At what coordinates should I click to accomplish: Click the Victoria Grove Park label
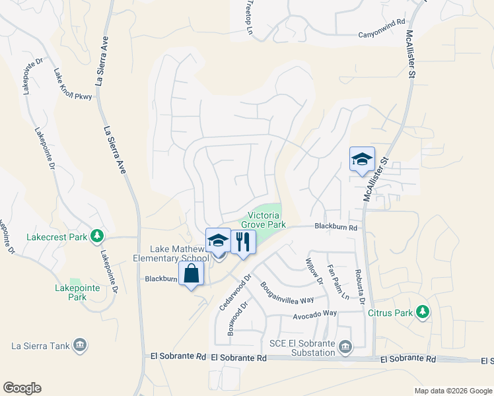267,220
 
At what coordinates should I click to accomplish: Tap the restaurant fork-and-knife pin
243,242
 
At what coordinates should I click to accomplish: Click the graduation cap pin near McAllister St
362,160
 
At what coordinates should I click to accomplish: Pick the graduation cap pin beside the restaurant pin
218,242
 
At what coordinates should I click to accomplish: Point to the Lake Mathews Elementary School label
178,253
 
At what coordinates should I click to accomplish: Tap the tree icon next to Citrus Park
423,312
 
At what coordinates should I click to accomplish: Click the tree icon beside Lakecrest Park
97,236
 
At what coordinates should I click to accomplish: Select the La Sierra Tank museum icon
79,345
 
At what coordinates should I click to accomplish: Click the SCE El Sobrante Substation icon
345,347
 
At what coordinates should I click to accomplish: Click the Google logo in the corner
21,388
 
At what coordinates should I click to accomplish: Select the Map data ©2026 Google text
452,391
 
